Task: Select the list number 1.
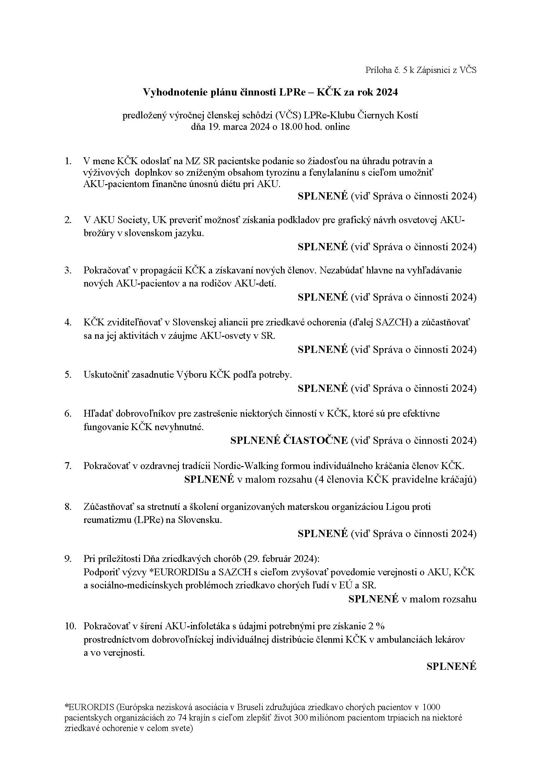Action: tap(68, 161)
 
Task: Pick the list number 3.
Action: tap(68, 270)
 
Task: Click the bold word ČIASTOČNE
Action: tap(315, 441)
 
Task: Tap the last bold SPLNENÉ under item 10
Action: tap(451, 666)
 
